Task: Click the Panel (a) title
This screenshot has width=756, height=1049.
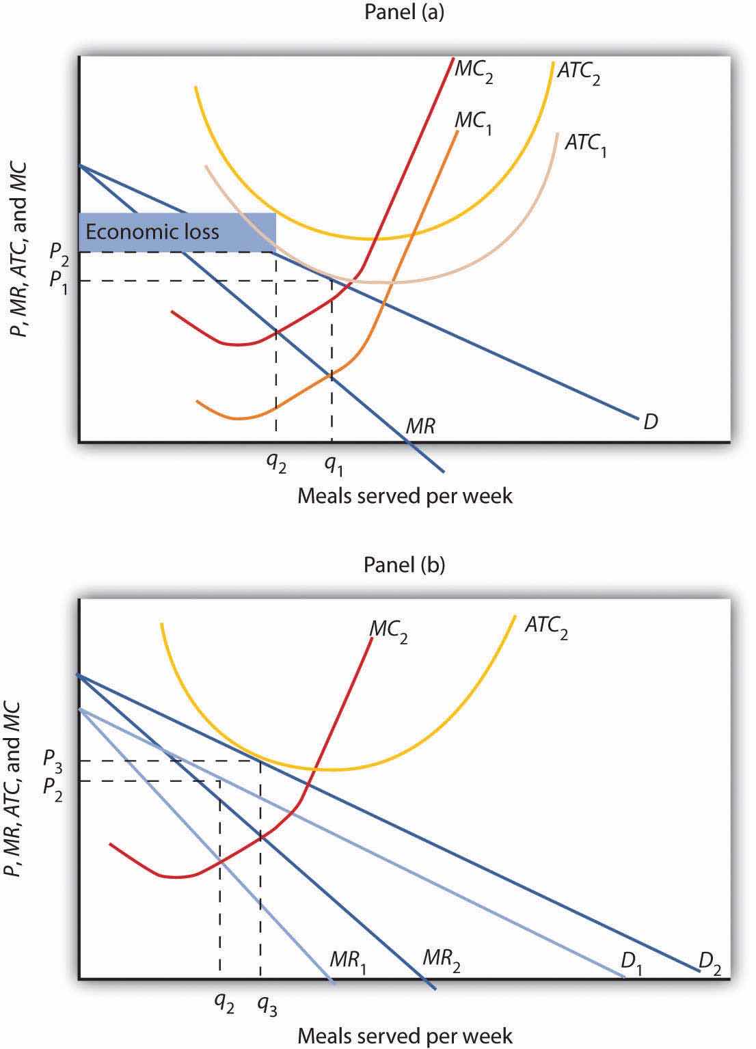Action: [x=404, y=13]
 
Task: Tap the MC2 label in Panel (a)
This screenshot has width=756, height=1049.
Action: [x=474, y=73]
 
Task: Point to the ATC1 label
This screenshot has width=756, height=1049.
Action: [x=585, y=145]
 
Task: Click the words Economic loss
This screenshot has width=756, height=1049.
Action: [x=152, y=231]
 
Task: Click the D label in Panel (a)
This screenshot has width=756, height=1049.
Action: [x=650, y=422]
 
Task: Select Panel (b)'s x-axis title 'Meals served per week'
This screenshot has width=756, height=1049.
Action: [x=404, y=1035]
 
